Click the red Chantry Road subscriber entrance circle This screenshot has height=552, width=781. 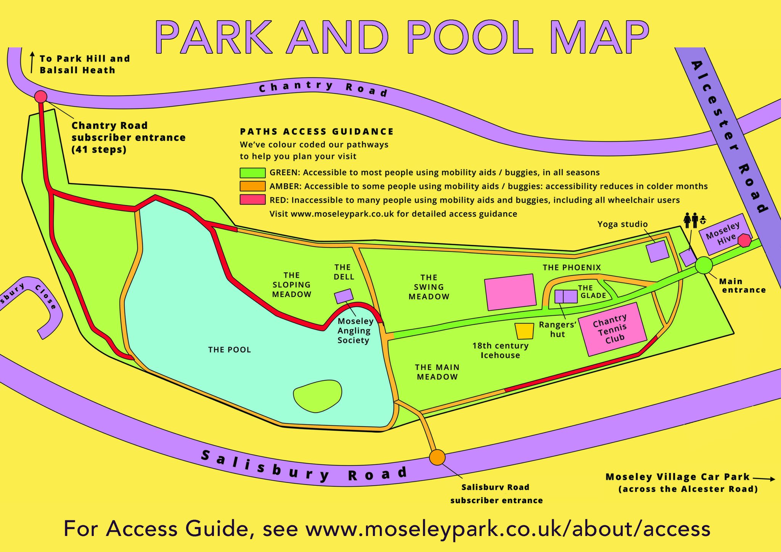[x=41, y=97]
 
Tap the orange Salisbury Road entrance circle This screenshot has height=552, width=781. [x=437, y=457]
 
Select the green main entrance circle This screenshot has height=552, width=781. [x=704, y=265]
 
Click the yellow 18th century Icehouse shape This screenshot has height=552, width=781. [x=524, y=331]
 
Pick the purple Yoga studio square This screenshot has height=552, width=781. [x=657, y=251]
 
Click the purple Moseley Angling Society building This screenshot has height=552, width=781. [x=344, y=296]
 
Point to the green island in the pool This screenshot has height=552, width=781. [x=317, y=395]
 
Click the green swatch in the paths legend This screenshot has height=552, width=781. [x=252, y=173]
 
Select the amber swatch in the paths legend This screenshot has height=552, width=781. [x=252, y=186]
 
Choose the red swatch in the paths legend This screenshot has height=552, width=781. [x=252, y=199]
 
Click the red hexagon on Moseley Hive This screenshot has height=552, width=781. [x=744, y=241]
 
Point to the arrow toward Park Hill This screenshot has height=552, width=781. [x=32, y=62]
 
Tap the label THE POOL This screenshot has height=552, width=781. [x=230, y=350]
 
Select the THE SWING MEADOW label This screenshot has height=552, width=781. [x=429, y=287]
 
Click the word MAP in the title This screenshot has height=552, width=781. [x=599, y=37]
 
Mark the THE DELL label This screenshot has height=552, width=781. [x=343, y=272]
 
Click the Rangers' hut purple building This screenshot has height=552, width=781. [x=566, y=296]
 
